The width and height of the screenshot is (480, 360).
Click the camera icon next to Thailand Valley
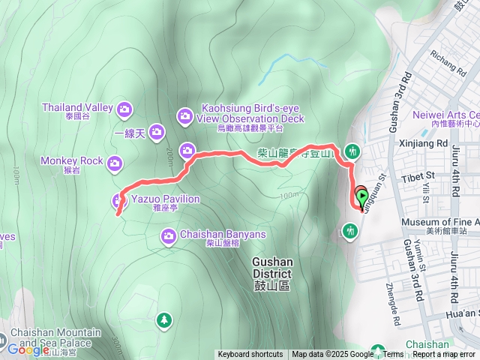click(124, 109)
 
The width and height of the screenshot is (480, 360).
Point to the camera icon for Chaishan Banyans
click(169, 237)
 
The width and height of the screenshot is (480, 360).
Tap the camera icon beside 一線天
click(156, 133)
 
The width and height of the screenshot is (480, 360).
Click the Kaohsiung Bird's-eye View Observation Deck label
click(253, 112)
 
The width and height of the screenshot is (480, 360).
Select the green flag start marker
click(361, 198)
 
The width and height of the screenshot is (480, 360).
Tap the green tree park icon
click(163, 321)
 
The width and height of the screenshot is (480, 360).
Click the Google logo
click(28, 349)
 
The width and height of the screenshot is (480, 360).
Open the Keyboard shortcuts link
click(250, 355)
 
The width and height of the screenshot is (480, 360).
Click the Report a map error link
click(445, 355)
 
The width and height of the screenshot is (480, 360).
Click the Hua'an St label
click(461, 313)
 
